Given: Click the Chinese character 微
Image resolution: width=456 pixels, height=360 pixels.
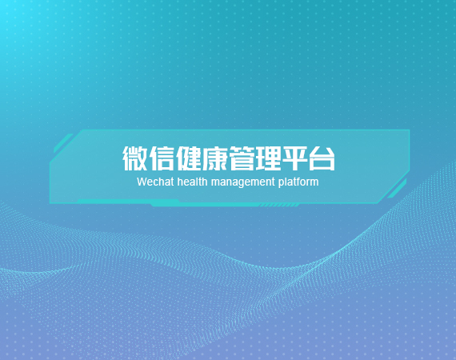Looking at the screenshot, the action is [135, 158].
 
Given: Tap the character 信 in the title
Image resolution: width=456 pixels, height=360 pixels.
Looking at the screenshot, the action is [162, 158].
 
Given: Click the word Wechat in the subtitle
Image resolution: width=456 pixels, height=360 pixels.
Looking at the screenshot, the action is [155, 182].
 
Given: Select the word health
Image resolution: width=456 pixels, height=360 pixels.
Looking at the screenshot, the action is [192, 182].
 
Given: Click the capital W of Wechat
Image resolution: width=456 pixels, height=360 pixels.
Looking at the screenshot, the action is [142, 182].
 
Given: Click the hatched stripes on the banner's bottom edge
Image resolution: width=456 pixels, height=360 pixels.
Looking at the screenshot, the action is [279, 206].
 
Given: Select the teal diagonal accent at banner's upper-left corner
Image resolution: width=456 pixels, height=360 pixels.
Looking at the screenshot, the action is [63, 143].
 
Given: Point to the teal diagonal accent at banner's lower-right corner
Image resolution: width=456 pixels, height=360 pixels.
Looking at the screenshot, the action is [397, 189].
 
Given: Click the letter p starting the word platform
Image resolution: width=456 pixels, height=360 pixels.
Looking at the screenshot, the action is [281, 183].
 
